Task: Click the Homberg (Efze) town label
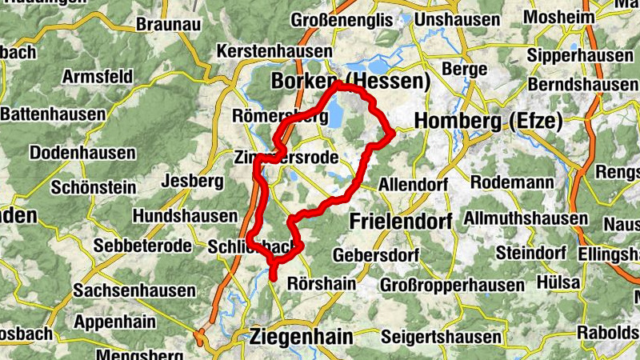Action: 488,122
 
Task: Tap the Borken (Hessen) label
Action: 350,81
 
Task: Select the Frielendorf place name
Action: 400,220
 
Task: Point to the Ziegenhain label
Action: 301,337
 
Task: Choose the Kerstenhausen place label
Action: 274,52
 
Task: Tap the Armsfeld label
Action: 97,78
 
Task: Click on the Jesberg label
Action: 192,181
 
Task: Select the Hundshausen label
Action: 185,216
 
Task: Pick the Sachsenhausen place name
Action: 134,291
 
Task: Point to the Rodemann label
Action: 512,182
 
